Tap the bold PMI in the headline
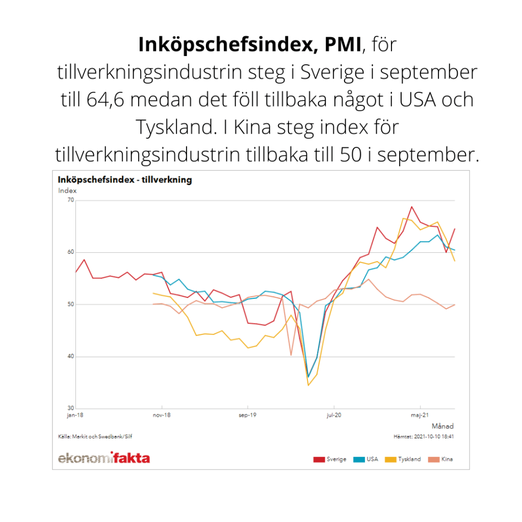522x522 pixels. coord(337,45)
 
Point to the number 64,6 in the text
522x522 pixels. coord(108,99)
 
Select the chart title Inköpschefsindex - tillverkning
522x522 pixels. coord(125,180)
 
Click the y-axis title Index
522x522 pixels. coord(67,191)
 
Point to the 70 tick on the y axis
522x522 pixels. coord(70,200)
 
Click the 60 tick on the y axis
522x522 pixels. coord(70,252)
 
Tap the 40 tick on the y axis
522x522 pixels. coord(70,356)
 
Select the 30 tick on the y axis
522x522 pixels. coord(70,408)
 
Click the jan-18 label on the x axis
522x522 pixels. coord(75,415)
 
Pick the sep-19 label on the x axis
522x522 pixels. coord(247,415)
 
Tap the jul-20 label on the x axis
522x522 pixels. coord(333,415)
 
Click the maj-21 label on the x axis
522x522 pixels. coord(420,415)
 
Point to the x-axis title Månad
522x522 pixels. coord(442,426)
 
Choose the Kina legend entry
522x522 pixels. coord(447,459)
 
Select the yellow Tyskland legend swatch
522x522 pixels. coord(390,459)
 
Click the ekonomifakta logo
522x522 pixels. coord(104,458)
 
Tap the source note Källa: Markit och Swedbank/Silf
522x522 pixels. coord(92,436)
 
